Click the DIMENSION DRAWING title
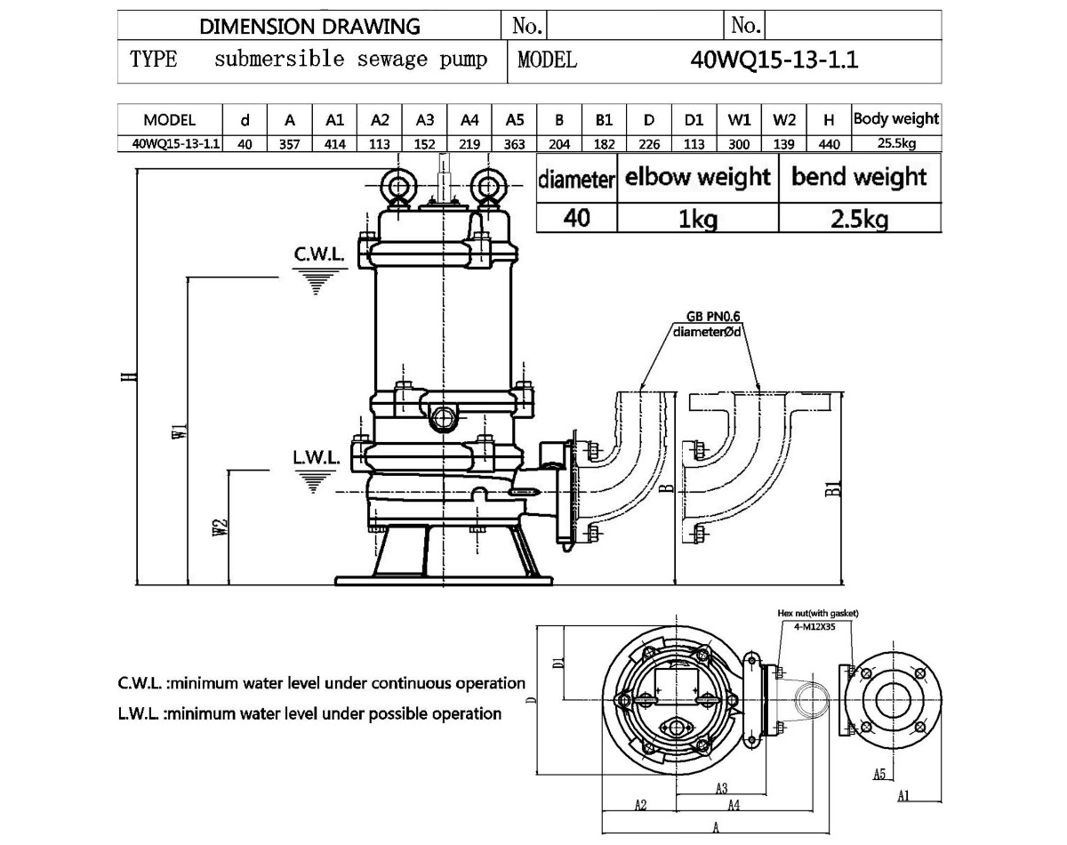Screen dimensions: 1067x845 coord(309,27)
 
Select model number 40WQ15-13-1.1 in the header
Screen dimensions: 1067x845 coord(774,60)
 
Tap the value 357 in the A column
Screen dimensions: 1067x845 coord(290,144)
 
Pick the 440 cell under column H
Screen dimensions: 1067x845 coord(829,144)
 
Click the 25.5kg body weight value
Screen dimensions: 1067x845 coord(896,143)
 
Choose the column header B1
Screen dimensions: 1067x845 coord(604,120)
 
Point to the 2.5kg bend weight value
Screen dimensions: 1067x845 coord(859,219)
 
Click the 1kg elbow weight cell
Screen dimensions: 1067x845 coord(698,219)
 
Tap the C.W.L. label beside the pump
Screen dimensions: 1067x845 coord(319,254)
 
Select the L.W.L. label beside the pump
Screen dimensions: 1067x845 coord(317,457)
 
